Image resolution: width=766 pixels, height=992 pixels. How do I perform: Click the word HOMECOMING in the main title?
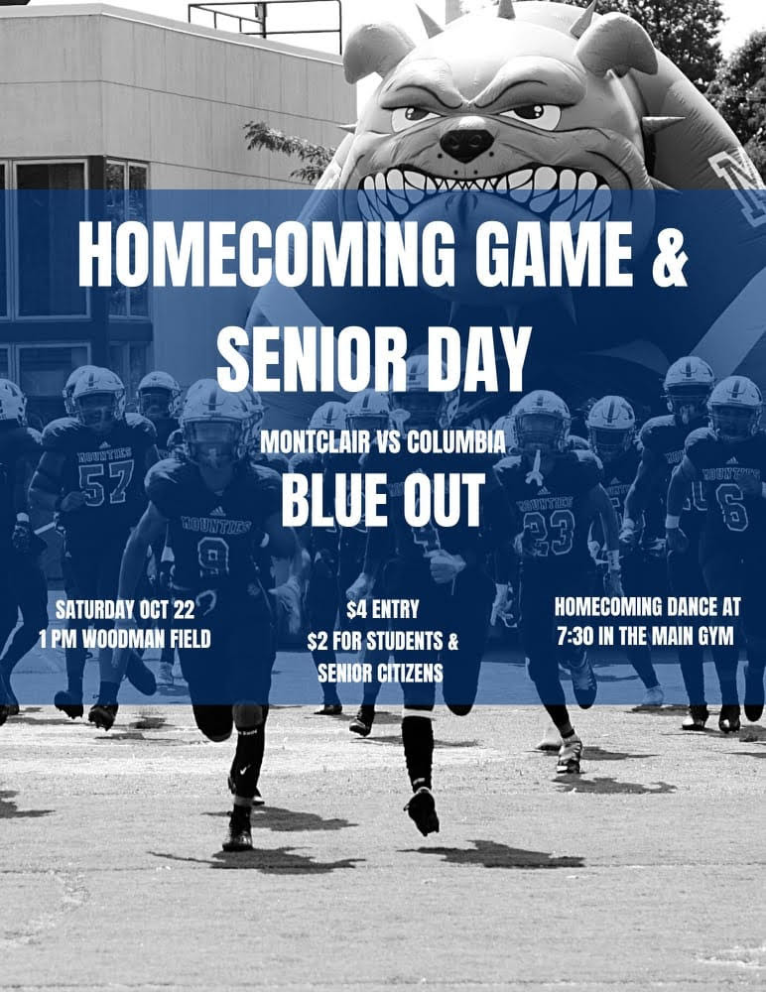click(x=267, y=254)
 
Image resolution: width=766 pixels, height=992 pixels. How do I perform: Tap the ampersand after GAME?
click(x=669, y=254)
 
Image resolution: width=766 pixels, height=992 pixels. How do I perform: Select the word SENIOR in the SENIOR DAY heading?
click(x=312, y=358)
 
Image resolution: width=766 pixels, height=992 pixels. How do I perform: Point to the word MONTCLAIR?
click(x=315, y=443)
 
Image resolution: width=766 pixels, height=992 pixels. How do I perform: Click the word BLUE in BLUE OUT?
click(x=333, y=499)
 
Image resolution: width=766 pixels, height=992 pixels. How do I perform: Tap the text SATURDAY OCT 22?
click(x=125, y=610)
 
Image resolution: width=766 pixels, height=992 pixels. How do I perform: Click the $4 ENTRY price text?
click(x=382, y=610)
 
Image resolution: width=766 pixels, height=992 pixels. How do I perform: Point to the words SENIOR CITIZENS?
click(x=380, y=674)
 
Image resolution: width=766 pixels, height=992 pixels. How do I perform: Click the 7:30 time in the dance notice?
click(x=574, y=636)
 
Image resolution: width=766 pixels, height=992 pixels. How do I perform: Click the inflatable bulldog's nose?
click(x=466, y=143)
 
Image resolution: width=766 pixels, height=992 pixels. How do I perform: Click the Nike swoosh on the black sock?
click(x=246, y=771)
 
